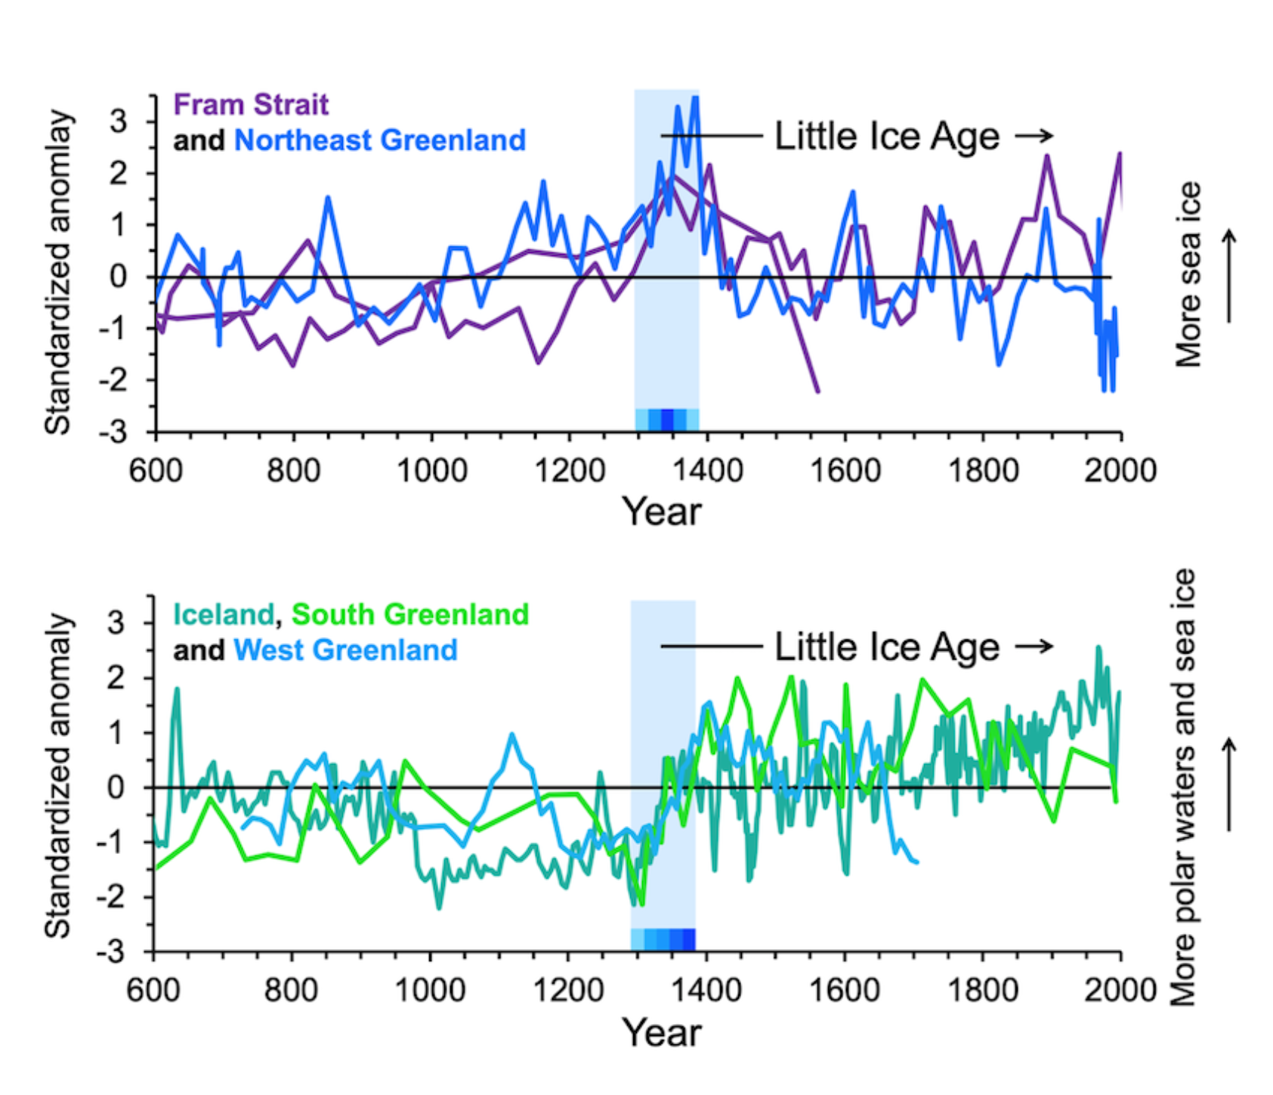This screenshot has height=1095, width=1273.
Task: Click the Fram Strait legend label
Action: click(251, 104)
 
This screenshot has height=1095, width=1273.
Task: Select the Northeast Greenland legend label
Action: click(379, 140)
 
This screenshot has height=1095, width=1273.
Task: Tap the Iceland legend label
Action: click(223, 614)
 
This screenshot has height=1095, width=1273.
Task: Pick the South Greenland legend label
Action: click(409, 614)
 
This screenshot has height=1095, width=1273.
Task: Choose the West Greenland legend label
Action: click(345, 650)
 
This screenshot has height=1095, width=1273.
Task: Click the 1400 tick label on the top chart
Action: click(708, 470)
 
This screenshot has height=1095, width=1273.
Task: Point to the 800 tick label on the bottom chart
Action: click(291, 989)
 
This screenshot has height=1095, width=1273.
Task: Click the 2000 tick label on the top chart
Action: click(1120, 470)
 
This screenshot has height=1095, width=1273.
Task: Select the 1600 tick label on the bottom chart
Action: click(844, 989)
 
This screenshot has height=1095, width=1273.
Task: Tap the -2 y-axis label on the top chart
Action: click(113, 380)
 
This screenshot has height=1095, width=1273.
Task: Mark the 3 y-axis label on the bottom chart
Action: click(116, 623)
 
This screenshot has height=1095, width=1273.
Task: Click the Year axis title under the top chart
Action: click(662, 512)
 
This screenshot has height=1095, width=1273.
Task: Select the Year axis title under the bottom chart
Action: click(662, 1032)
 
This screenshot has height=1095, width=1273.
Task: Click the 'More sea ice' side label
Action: click(1188, 275)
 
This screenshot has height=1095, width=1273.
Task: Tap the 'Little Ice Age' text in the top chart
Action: click(887, 137)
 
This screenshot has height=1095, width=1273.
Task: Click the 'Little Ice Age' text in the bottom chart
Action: click(887, 648)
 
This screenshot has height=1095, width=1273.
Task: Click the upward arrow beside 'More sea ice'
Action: click(1229, 276)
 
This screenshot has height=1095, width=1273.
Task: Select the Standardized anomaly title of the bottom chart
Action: click(57, 775)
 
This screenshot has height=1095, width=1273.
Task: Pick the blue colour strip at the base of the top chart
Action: click(666, 419)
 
